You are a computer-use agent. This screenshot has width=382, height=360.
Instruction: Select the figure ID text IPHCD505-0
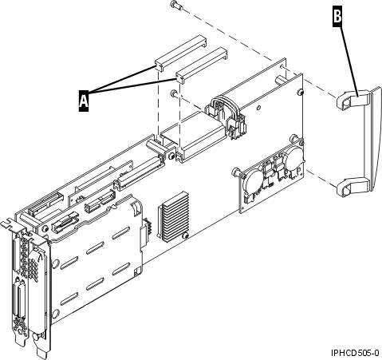tap(353, 351)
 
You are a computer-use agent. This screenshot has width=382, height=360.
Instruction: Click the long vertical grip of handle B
tap(363, 144)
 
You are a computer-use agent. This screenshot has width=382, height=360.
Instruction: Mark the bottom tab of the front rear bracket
tap(41, 348)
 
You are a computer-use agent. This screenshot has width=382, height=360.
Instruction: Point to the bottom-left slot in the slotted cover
tap(65, 304)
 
